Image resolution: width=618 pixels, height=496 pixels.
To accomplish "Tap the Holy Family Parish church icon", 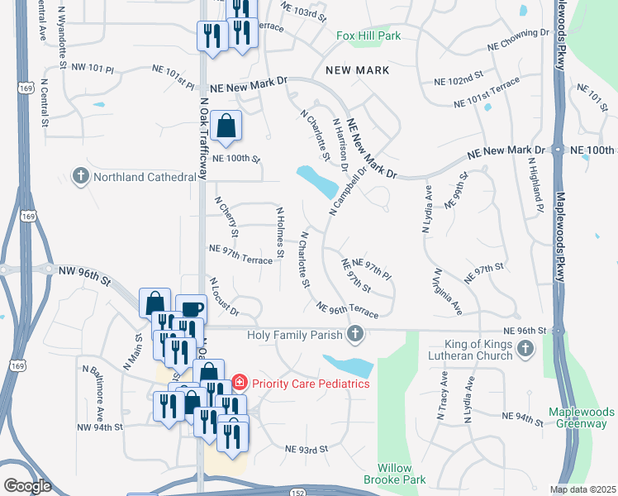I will click(355, 334).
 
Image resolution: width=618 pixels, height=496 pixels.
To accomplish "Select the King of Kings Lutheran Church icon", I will click(524, 351).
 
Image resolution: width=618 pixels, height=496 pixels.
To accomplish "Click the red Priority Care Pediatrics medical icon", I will click(239, 383).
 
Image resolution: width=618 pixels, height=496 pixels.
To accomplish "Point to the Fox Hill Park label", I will click(368, 36).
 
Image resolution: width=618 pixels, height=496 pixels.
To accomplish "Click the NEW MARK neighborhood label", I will click(357, 70).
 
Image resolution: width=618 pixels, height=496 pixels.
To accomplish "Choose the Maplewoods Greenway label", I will click(582, 417).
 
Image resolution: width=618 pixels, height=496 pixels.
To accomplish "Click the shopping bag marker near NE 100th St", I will click(226, 127).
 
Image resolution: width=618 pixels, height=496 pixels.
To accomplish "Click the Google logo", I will click(27, 486).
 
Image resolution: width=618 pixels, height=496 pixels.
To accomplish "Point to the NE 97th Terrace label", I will click(241, 260).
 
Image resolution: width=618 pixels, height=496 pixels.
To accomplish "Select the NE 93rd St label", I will click(307, 449).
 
